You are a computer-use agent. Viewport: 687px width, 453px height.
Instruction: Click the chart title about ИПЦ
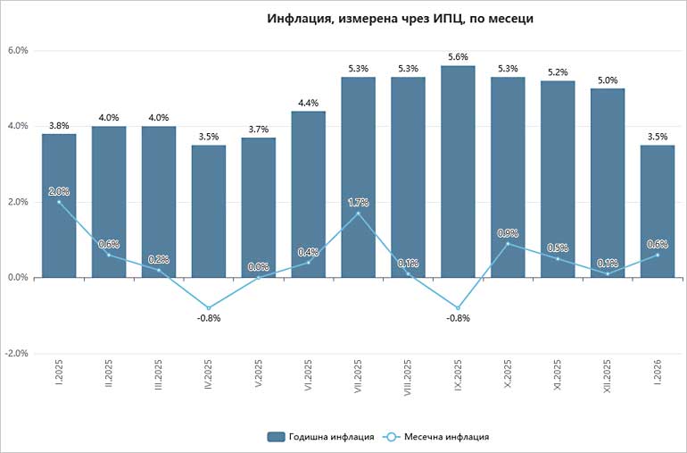[x=401, y=19]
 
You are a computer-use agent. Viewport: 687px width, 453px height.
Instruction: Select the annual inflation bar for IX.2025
[x=458, y=179]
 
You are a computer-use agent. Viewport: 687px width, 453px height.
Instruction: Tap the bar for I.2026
[x=658, y=214]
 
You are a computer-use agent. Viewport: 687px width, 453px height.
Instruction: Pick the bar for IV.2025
[x=209, y=214]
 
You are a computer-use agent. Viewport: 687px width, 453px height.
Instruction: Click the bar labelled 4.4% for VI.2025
[x=308, y=197]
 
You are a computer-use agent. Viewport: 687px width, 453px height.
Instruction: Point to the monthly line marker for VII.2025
[x=358, y=214]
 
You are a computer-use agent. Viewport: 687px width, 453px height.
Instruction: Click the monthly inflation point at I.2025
[x=59, y=202]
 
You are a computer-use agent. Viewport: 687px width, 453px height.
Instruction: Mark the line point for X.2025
[x=508, y=243]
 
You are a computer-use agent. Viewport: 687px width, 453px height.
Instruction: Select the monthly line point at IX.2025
[x=458, y=307]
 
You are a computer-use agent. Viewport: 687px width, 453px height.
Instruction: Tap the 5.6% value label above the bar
[x=458, y=56]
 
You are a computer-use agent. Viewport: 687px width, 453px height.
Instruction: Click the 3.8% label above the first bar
[x=59, y=125]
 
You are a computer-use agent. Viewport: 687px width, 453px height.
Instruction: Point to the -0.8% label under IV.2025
[x=209, y=318]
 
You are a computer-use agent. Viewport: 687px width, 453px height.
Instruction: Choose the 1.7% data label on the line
[x=358, y=203]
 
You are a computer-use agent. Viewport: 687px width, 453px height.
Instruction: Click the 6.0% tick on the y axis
[x=17, y=51]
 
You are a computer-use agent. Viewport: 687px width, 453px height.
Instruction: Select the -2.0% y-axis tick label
[x=15, y=354]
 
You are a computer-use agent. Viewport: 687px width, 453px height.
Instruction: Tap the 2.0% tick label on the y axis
[x=17, y=202]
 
